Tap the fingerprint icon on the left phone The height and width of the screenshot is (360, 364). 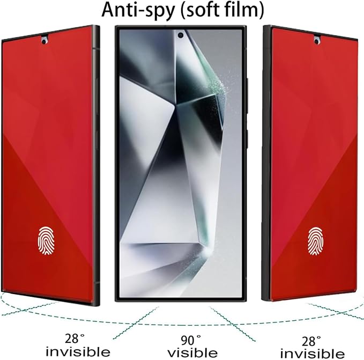(46, 241)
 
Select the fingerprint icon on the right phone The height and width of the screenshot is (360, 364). (315, 241)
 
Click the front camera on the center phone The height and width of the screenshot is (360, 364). (180, 35)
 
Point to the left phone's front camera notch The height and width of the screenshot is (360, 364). (44, 40)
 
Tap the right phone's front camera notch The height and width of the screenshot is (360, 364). (316, 40)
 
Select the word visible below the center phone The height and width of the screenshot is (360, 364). (192, 353)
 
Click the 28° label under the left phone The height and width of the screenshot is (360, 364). (75, 339)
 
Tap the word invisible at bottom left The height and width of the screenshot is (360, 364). (78, 351)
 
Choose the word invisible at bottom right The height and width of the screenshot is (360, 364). (312, 354)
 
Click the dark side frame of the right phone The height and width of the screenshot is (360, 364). (267, 163)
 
